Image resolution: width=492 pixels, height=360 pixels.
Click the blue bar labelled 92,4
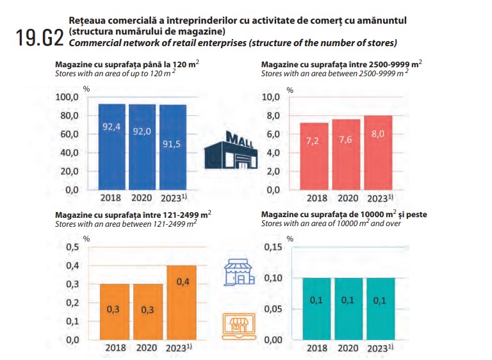tap(112, 147)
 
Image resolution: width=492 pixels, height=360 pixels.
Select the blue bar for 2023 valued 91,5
tap(171, 147)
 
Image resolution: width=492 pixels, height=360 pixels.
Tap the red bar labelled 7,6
tap(346, 154)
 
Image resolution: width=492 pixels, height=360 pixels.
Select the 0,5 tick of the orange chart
tap(73, 247)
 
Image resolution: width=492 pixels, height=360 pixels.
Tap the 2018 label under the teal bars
tap(316, 348)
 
